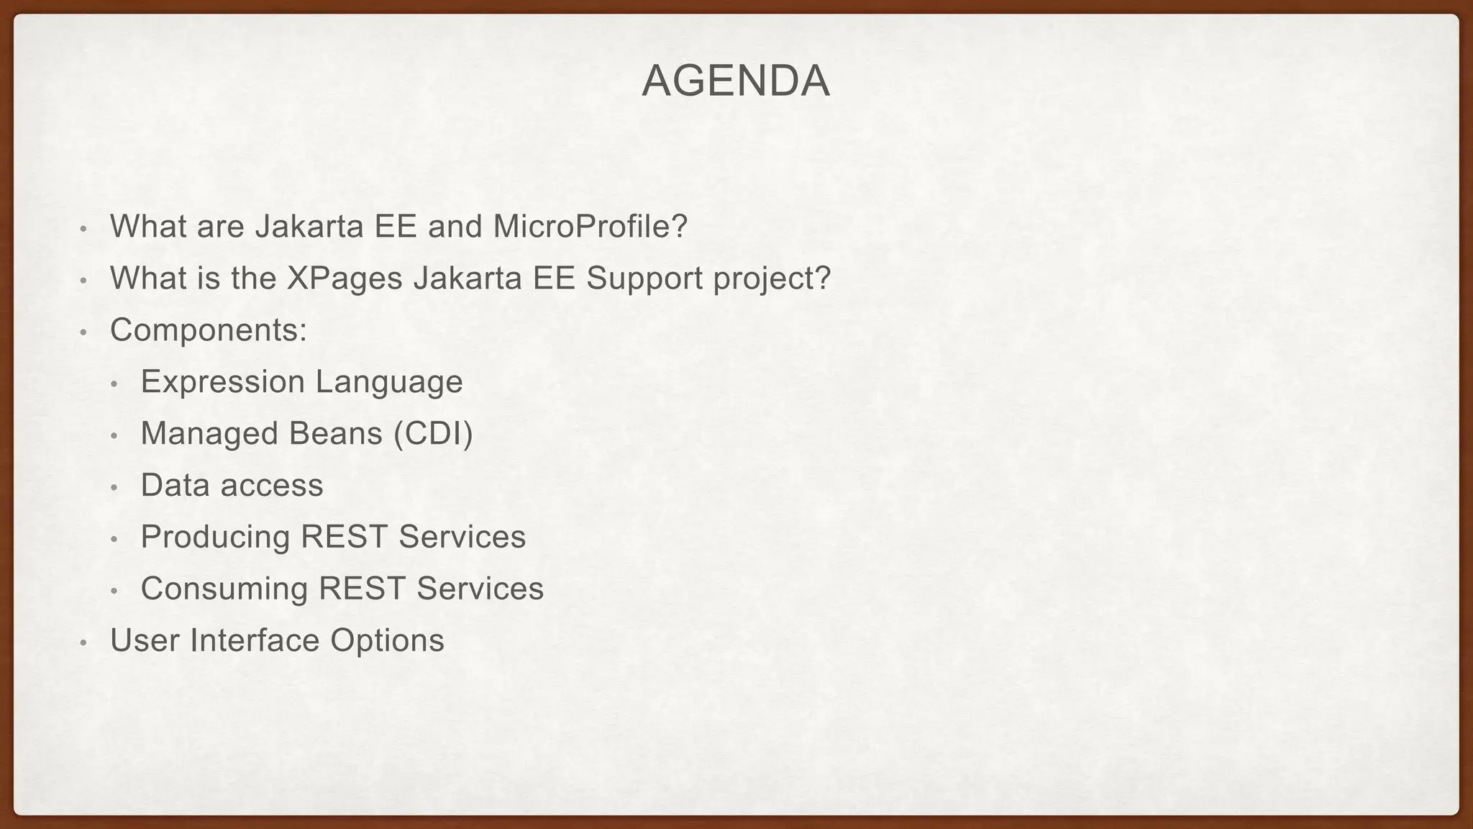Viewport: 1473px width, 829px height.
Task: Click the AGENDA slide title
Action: (x=736, y=81)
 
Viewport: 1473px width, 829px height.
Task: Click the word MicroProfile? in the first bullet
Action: (x=590, y=226)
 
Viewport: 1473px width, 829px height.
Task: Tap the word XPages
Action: (x=345, y=278)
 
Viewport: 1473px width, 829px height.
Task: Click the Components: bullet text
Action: (x=209, y=330)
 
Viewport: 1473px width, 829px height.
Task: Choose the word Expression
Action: (x=222, y=382)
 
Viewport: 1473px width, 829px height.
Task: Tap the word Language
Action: (x=388, y=382)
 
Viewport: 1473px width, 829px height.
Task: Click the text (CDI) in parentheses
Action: (x=433, y=434)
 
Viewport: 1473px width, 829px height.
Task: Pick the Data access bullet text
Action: (x=232, y=485)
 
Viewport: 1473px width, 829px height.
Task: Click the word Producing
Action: (x=215, y=537)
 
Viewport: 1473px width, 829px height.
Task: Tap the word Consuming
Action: (x=224, y=589)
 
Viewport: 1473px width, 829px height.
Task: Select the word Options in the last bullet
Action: (x=387, y=640)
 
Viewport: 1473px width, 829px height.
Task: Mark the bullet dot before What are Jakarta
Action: (x=83, y=229)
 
